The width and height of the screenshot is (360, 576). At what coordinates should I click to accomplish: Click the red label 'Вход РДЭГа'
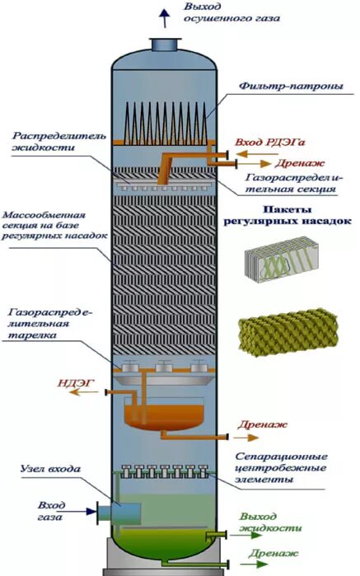266,142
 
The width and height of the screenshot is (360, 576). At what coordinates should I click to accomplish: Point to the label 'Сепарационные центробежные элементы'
288,467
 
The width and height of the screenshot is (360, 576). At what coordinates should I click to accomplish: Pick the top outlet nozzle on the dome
163,44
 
